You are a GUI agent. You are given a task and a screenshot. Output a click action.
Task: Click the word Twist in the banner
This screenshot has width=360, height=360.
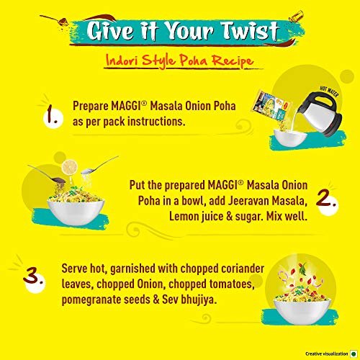(250, 31)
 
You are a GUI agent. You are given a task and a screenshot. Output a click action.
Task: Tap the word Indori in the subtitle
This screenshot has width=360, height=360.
(122, 60)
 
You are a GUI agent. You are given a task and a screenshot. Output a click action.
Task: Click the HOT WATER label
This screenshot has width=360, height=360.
(329, 91)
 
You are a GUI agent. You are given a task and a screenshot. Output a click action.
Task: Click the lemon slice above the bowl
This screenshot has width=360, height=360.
(70, 167)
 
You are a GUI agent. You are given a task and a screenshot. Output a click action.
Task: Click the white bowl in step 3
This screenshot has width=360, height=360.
(302, 311)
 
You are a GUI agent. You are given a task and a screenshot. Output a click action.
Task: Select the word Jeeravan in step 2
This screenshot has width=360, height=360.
(246, 201)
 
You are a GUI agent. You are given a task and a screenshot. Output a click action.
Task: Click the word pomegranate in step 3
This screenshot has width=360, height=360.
(91, 300)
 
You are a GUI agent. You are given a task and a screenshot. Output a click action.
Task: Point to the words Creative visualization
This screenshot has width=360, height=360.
(327, 354)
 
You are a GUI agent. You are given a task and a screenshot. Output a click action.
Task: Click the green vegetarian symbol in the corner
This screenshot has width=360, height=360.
(354, 354)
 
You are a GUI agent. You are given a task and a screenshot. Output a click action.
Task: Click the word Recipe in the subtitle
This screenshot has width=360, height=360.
(233, 61)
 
